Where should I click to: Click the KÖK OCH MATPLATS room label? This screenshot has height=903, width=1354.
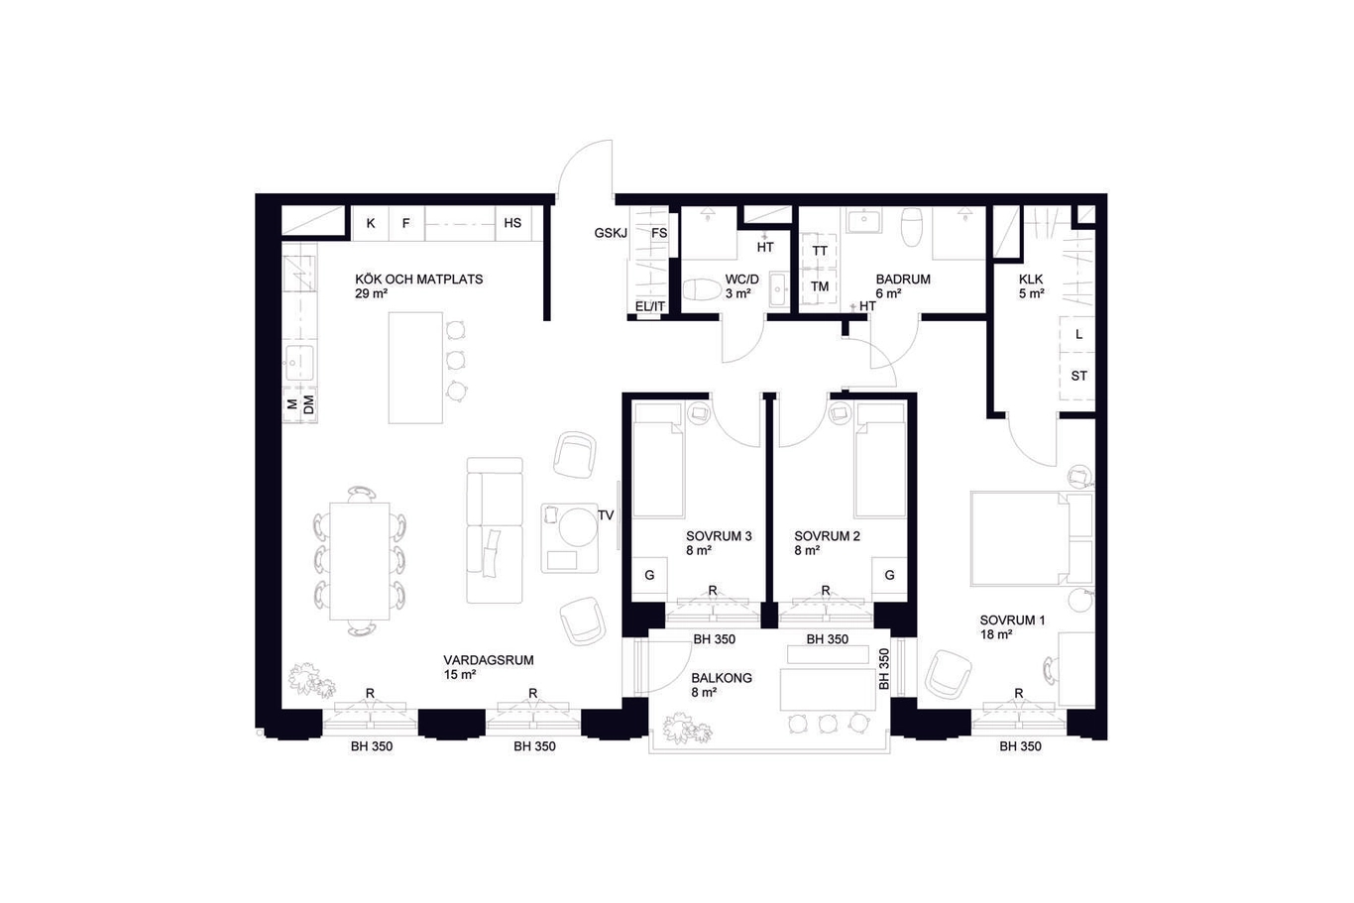point(419,280)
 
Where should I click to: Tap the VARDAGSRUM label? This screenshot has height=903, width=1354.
point(489,660)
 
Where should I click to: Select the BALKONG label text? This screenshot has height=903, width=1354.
point(722,678)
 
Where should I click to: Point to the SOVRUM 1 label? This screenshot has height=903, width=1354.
point(1012,621)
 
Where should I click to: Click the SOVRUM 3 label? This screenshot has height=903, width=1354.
point(719,536)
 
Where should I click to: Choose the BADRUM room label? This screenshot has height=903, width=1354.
point(903,280)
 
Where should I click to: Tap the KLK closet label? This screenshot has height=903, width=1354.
point(1031,280)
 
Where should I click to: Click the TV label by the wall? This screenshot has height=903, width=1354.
point(606,515)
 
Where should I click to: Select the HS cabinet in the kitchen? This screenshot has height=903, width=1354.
point(512,223)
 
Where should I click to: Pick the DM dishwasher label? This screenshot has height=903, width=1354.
point(309,404)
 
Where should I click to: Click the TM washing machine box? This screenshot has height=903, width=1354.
point(820,286)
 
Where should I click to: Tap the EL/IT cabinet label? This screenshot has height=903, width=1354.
point(650,306)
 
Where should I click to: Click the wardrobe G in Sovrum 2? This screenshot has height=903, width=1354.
point(889,575)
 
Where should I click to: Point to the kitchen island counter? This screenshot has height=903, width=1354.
point(416,368)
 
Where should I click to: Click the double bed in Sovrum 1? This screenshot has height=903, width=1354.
point(1032,538)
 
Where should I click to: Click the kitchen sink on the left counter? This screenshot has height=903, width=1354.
point(299,363)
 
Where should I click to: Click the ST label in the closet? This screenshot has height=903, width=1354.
point(1079,376)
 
